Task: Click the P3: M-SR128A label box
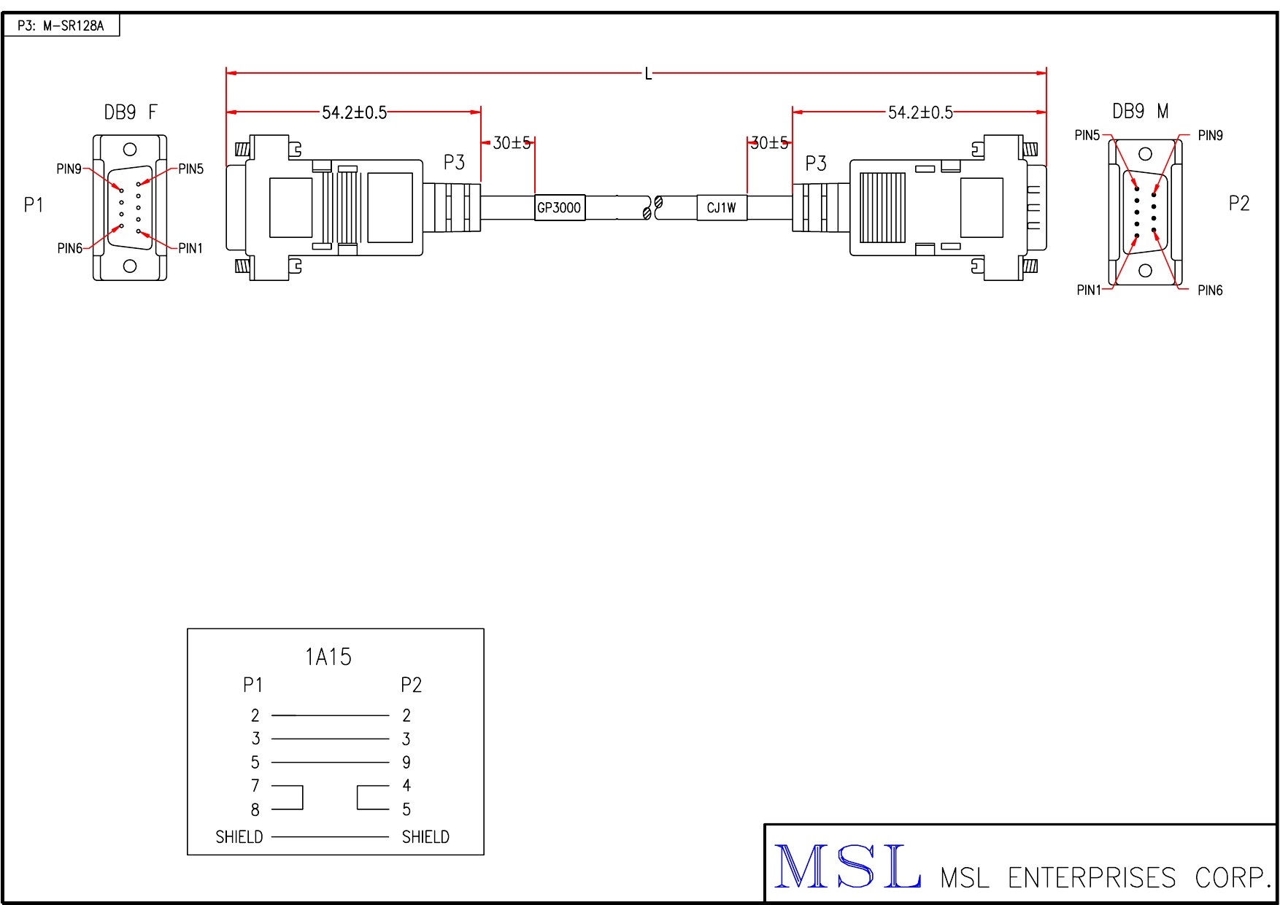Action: [61, 26]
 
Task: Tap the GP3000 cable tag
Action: [560, 207]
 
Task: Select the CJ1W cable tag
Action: [722, 207]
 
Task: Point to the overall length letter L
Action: [648, 74]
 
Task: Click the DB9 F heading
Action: [131, 112]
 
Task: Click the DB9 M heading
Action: [1141, 111]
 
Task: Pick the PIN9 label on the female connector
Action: [69, 169]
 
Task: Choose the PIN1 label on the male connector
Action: [1089, 290]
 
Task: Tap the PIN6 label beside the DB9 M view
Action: [1210, 290]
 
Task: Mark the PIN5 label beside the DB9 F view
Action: [191, 169]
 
